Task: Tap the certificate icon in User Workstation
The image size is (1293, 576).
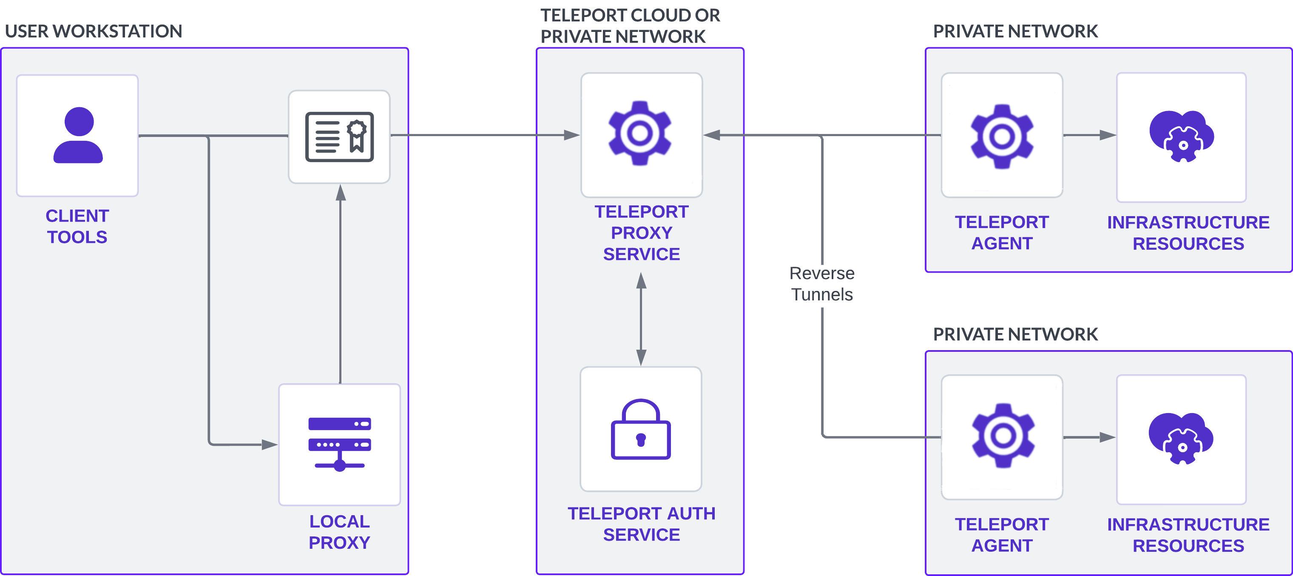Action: point(339,137)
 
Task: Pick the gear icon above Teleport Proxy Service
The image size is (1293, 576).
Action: point(640,133)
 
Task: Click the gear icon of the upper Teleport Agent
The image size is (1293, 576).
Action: point(1002,136)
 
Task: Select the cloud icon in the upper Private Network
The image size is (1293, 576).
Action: point(1182,136)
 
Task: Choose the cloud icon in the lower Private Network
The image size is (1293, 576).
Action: point(1181,438)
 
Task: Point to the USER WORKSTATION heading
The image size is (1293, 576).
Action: point(94,31)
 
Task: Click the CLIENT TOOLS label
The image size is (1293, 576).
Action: point(77,226)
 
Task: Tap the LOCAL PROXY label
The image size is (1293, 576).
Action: point(339,532)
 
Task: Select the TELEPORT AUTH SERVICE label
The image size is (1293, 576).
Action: point(641,524)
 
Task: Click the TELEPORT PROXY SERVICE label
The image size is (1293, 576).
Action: point(641,233)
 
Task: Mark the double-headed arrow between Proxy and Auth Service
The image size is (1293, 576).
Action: point(641,319)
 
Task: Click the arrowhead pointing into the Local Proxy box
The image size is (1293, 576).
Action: point(270,445)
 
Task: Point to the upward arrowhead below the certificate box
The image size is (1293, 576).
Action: point(341,192)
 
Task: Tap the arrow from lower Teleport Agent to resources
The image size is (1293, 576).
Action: point(1088,437)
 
